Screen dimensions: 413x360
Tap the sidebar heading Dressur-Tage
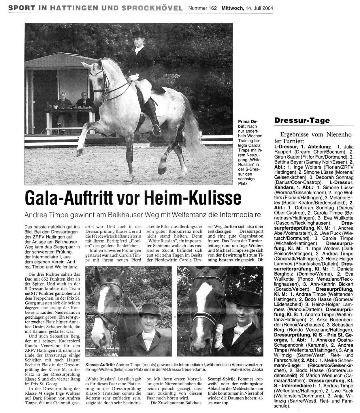[x=302, y=121]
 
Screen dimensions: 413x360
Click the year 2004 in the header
[x=267, y=8]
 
